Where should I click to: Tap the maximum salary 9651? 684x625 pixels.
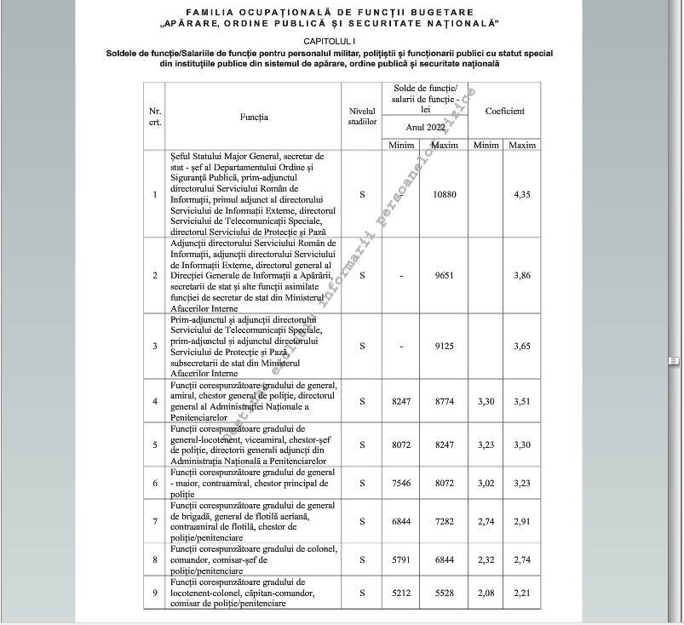445,276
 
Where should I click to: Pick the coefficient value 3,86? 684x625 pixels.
522,276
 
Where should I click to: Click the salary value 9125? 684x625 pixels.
445,347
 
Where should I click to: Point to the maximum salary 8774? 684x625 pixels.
445,401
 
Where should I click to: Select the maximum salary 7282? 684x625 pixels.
445,519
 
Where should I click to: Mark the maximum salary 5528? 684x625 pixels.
445,593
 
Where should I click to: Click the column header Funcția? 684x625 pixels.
254,117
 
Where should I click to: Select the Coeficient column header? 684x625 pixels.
504,111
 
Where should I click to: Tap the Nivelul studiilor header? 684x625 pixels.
362,117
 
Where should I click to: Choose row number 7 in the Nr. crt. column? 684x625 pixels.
154,519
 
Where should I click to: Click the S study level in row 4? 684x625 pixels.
362,401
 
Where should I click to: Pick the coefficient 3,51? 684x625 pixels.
522,401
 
